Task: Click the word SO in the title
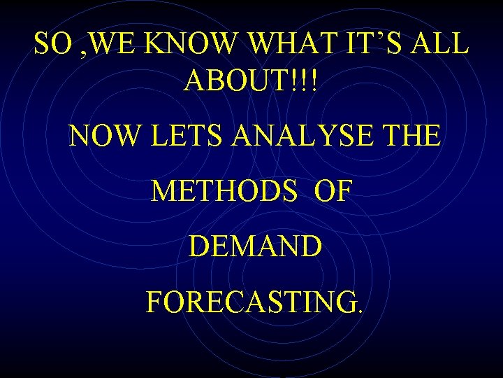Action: (x=52, y=45)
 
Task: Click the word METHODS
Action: (x=224, y=191)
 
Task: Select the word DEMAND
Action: (x=255, y=246)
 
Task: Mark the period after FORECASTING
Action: (x=360, y=311)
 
